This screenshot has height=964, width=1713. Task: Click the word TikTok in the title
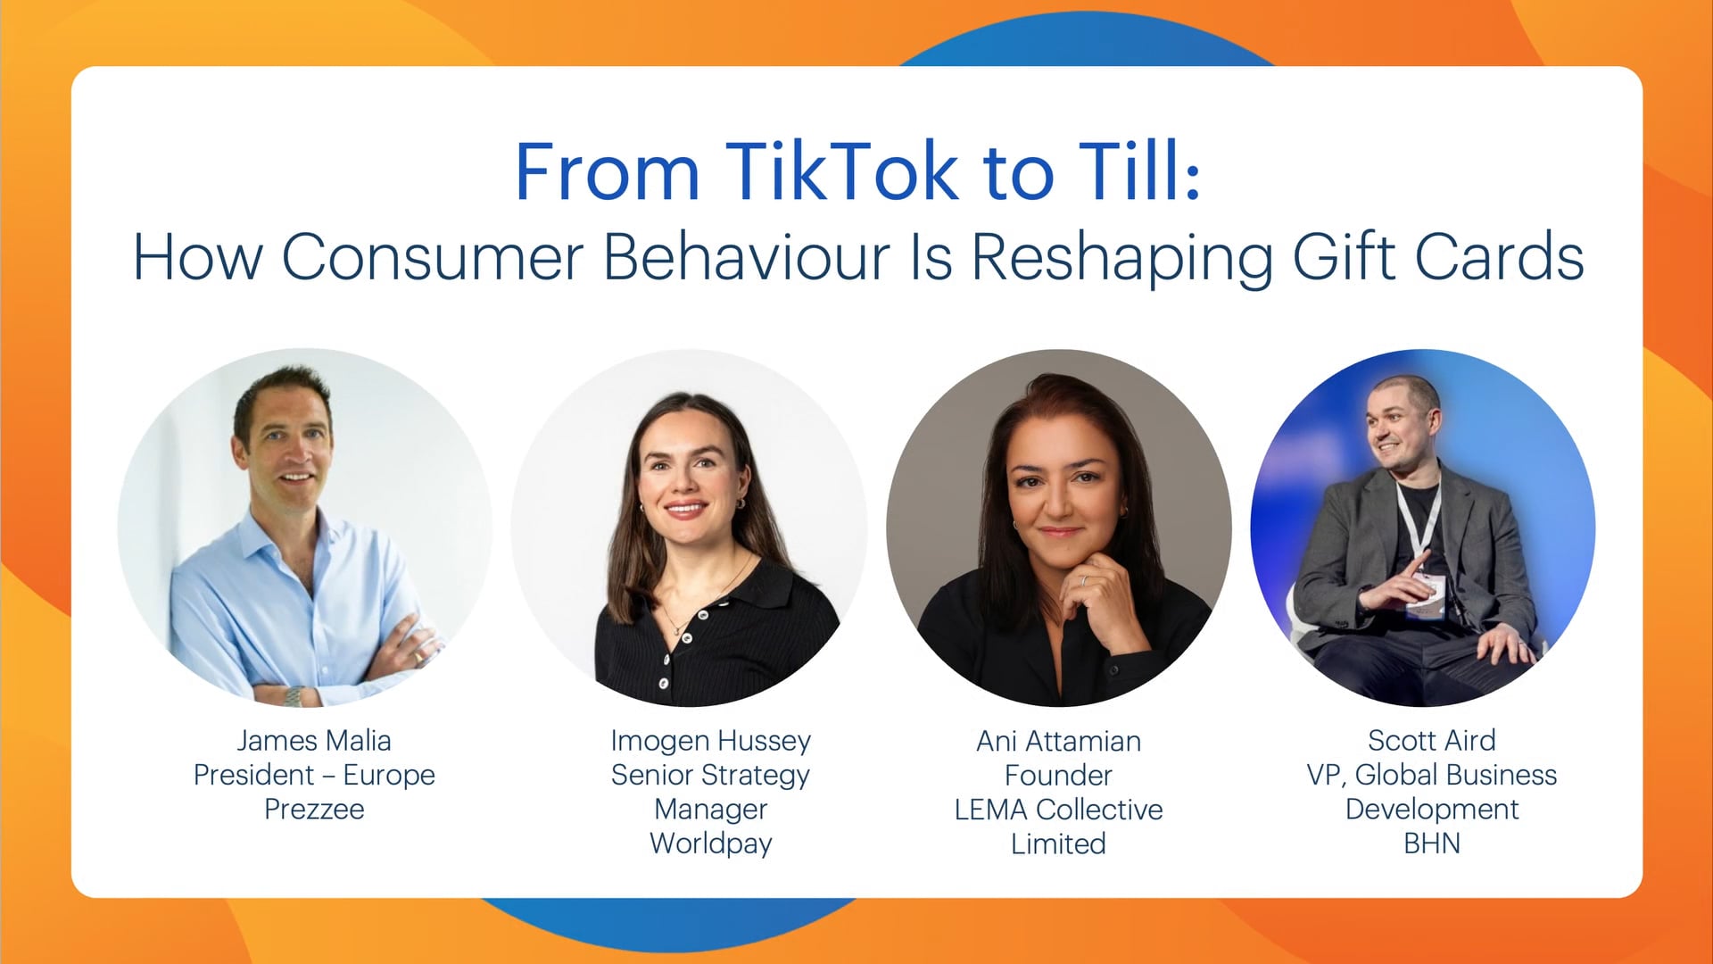(x=842, y=171)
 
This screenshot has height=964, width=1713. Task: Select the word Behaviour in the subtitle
(x=747, y=257)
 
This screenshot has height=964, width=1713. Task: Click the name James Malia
(x=314, y=740)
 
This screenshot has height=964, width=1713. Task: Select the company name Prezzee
(x=314, y=809)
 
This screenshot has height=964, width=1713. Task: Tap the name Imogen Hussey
(x=711, y=742)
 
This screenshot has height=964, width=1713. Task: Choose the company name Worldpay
(x=711, y=844)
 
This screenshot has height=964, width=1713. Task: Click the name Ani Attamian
(x=1059, y=741)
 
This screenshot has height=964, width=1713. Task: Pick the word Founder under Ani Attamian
(x=1059, y=775)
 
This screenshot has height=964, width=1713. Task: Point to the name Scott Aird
(x=1432, y=740)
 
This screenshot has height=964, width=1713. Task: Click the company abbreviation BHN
(x=1432, y=843)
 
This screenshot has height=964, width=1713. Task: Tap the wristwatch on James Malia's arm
(x=293, y=696)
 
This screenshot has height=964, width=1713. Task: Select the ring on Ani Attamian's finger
(x=1083, y=579)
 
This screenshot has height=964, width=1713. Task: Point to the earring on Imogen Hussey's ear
(x=740, y=503)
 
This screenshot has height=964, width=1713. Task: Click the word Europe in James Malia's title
(x=389, y=776)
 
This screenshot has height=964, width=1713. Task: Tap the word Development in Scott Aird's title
(x=1432, y=810)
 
